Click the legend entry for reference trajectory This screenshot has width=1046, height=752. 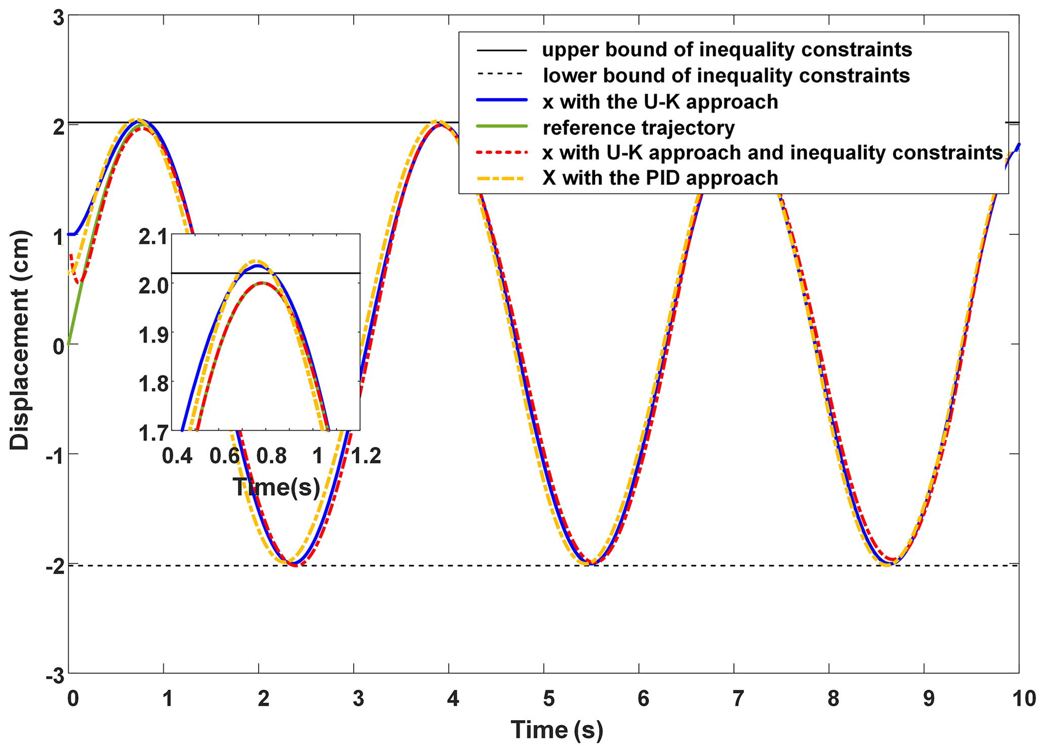click(638, 128)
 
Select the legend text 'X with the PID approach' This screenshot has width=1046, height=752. click(660, 178)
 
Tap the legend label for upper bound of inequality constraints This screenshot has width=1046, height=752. click(727, 50)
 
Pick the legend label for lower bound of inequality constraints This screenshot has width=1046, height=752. click(726, 75)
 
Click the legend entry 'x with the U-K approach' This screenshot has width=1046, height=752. click(660, 102)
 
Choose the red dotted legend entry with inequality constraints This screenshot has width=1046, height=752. click(772, 152)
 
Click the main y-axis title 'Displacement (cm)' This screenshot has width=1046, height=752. click(20, 340)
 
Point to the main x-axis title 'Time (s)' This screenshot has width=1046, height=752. click(557, 730)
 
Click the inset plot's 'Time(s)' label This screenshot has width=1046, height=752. click(276, 487)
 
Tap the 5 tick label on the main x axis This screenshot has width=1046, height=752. click(549, 699)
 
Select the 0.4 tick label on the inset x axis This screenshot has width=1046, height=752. click(177, 456)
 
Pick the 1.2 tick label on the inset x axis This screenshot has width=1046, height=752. click(366, 456)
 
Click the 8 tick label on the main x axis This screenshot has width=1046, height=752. click(833, 699)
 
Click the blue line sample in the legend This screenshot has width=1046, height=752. click(501, 101)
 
